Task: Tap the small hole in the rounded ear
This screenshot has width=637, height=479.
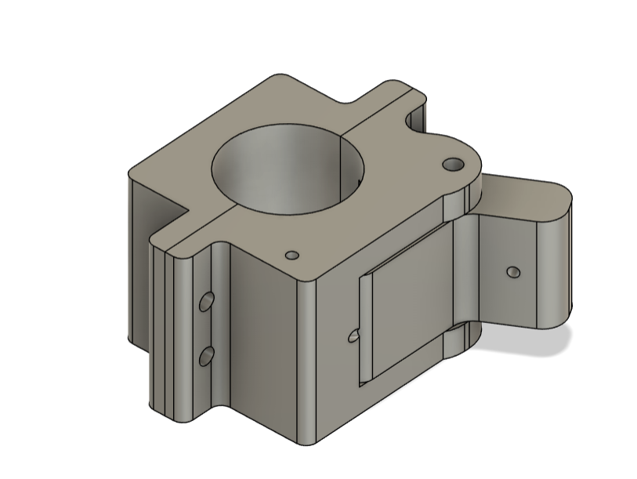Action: click(x=453, y=165)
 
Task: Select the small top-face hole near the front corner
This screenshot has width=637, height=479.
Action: click(x=291, y=255)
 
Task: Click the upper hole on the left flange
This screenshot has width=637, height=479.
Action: click(x=207, y=302)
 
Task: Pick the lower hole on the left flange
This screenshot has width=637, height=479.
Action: click(x=207, y=357)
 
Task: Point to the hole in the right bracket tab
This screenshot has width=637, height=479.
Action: click(x=513, y=272)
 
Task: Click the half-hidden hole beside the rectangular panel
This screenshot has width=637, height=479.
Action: click(x=353, y=336)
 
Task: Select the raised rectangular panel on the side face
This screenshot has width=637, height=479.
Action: click(x=407, y=306)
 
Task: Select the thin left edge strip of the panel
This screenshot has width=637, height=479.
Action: click(x=364, y=329)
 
